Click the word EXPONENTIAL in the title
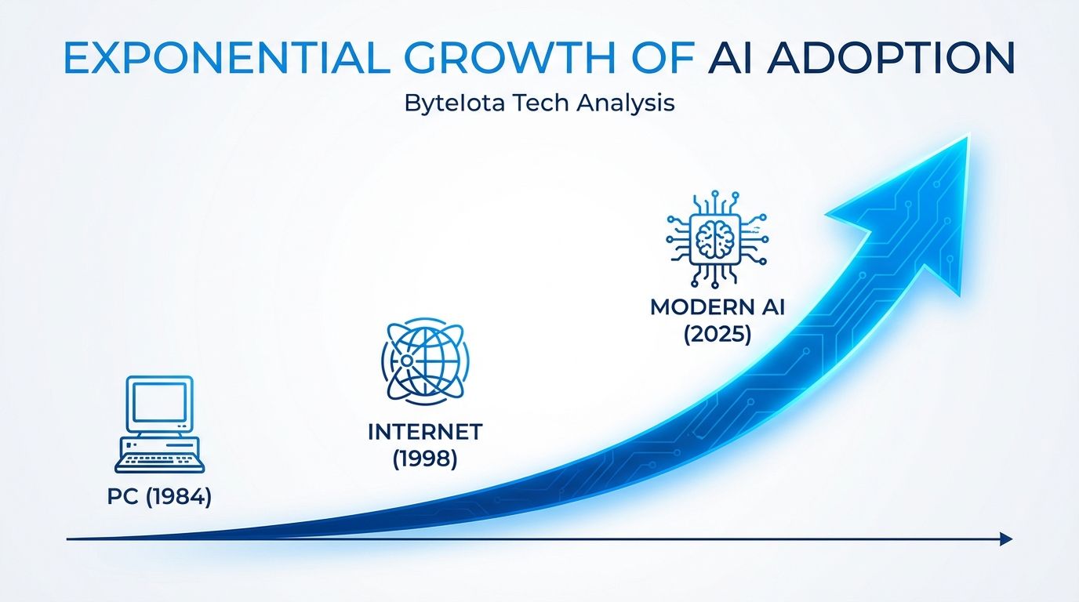coord(227,58)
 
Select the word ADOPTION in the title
coord(891,58)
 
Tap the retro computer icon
coord(159,424)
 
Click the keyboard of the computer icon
coord(159,462)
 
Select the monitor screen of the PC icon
coord(159,403)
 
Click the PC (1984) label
coord(159,496)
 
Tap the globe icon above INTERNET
coord(425,361)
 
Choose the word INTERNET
coord(425,432)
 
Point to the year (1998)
coord(425,459)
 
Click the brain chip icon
coord(717,239)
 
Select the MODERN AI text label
coord(718,307)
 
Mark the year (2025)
coord(718,334)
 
